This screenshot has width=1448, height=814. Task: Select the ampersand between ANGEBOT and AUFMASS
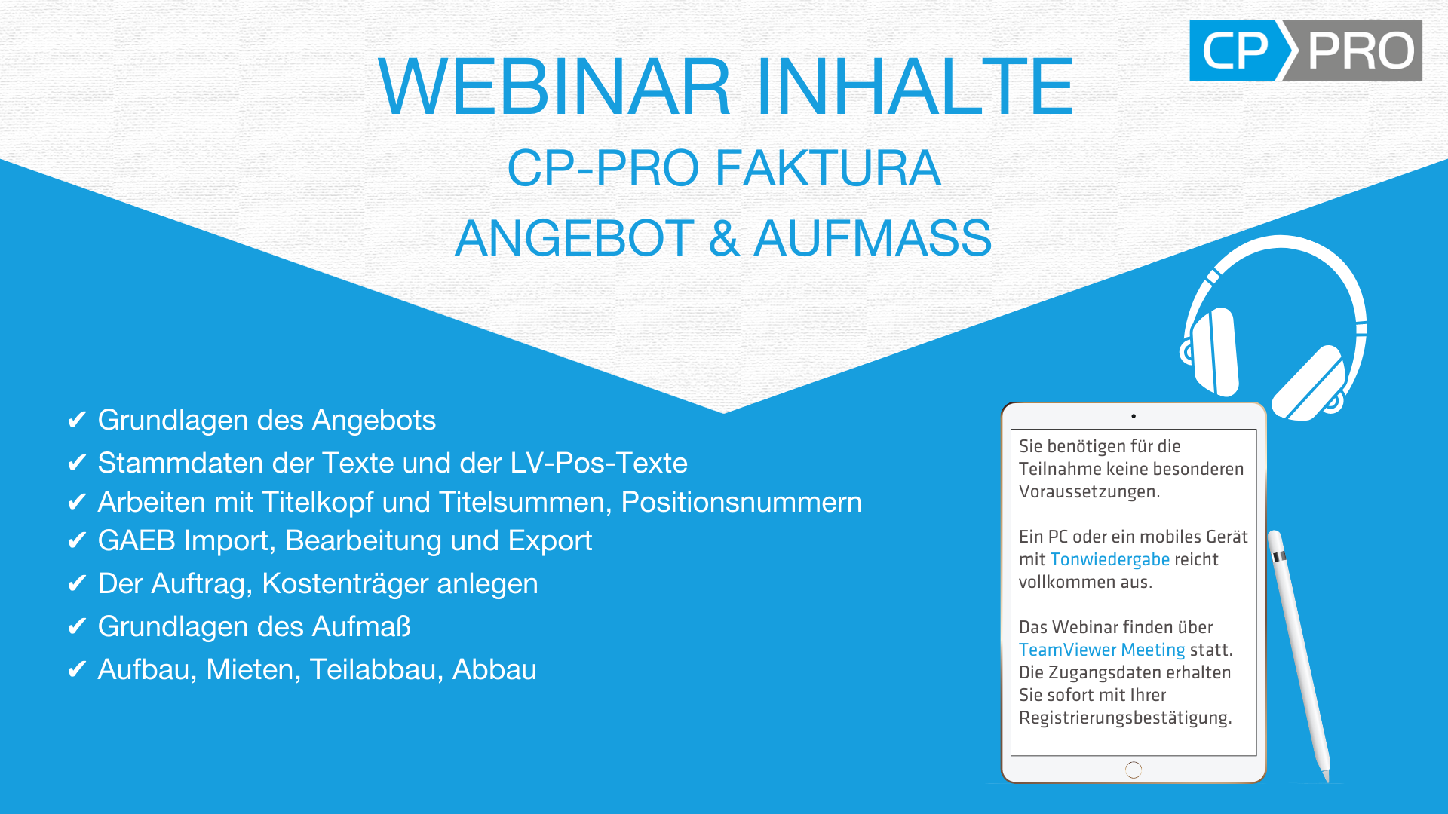pos(724,238)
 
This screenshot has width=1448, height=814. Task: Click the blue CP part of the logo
pos(1237,50)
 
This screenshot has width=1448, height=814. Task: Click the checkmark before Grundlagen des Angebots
pos(77,420)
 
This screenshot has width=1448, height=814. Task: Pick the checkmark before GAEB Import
pos(77,540)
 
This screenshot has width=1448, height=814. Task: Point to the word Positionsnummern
pos(741,503)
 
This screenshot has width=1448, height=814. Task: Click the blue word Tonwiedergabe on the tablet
pos(1109,559)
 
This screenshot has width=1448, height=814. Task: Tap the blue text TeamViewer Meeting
pos(1102,650)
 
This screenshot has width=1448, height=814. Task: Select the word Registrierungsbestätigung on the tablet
pos(1125,718)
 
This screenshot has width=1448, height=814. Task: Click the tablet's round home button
pos(1134,770)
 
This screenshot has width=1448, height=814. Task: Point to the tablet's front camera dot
pos(1134,416)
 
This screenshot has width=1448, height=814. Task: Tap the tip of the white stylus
pos(1327,779)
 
